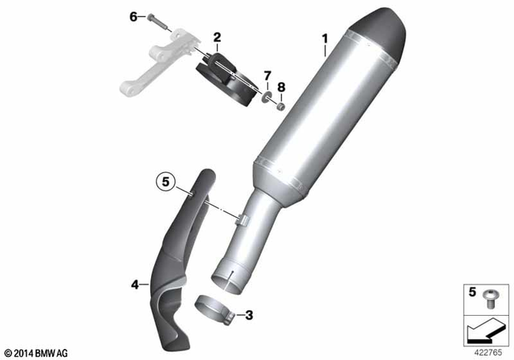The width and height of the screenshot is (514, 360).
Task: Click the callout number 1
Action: click(x=325, y=39)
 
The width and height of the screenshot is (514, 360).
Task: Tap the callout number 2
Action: click(x=217, y=37)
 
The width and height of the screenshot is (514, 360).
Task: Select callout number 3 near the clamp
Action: click(x=249, y=314)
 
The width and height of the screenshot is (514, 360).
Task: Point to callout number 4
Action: click(x=135, y=283)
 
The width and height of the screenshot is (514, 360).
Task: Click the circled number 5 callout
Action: click(x=165, y=182)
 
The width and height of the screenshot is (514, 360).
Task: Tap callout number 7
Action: click(x=267, y=75)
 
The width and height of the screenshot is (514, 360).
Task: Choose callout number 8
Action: click(x=281, y=86)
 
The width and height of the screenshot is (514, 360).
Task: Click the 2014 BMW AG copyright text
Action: click(x=37, y=351)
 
